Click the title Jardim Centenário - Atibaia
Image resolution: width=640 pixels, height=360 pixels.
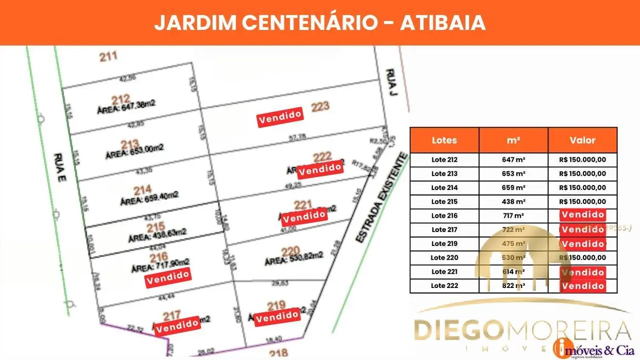coord(319,22)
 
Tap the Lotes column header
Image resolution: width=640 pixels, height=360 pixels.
coord(444,141)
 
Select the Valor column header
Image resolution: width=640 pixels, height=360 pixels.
coord(582,141)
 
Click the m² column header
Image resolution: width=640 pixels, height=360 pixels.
coord(513,141)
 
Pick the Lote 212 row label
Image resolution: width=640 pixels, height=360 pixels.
coord(444,160)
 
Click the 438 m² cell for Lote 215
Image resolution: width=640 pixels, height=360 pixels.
coord(513,202)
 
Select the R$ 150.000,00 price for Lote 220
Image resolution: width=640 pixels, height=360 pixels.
coord(582,258)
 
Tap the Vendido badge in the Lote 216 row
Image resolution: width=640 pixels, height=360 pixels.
coord(582,215)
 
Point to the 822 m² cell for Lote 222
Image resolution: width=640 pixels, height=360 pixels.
coord(513,286)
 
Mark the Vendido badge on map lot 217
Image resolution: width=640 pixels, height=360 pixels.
coord(177,326)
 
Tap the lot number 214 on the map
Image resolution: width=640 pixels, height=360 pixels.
coord(142,189)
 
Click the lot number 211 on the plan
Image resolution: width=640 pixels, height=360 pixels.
coord(108,56)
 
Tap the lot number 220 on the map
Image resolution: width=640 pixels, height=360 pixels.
coord(291,251)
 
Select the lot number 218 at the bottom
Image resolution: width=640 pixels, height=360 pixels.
coord(276,353)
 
